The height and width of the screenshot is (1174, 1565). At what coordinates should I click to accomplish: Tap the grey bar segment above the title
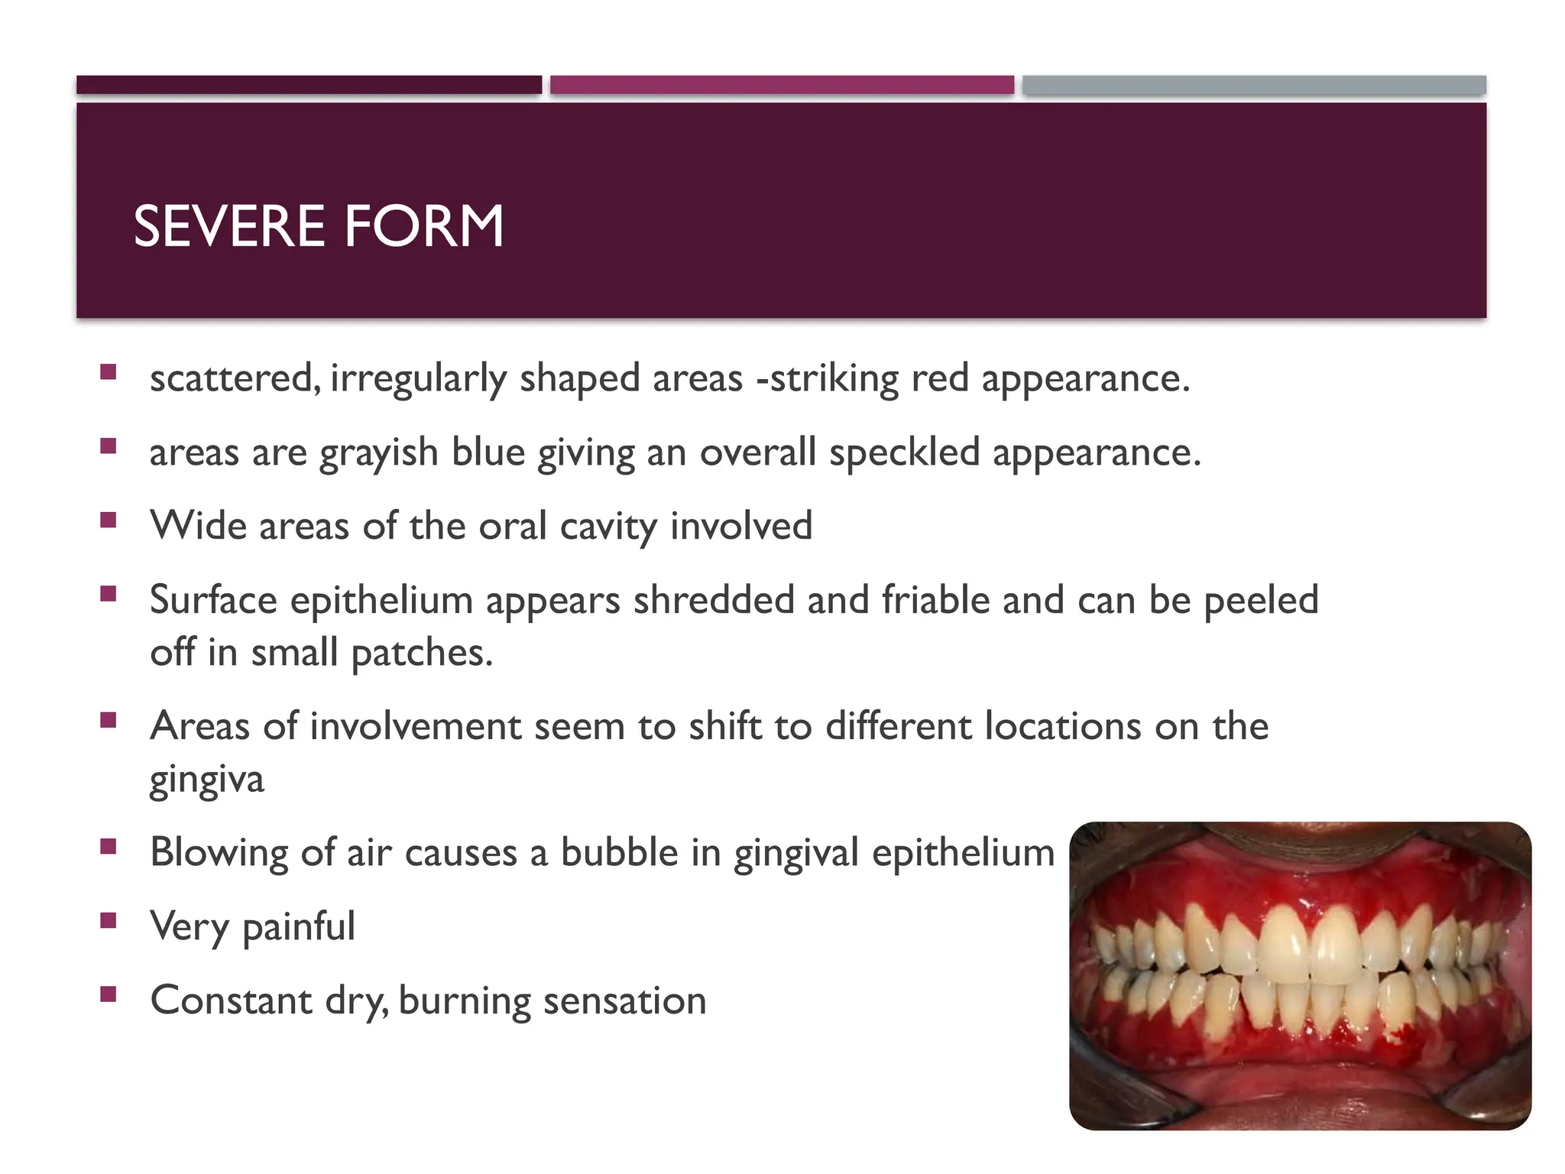click(x=1254, y=85)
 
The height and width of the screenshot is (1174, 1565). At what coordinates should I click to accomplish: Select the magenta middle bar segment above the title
click(x=782, y=85)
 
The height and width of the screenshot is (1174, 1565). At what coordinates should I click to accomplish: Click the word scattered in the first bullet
click(x=232, y=378)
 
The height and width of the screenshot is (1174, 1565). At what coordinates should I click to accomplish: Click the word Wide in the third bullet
click(x=198, y=526)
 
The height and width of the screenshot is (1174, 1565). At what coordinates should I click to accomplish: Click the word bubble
click(x=619, y=852)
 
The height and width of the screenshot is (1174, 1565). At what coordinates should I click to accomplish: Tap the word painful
click(x=298, y=927)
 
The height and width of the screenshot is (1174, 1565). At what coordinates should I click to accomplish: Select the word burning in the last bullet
click(x=464, y=1001)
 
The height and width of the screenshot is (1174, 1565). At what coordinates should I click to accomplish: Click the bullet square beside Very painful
click(x=108, y=920)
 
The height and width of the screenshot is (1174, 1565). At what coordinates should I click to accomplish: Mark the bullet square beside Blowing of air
click(x=108, y=846)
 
